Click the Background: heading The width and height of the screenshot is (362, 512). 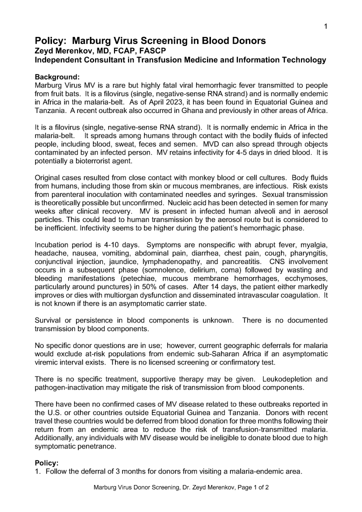point(57,77)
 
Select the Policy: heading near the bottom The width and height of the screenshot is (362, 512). point(46,463)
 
